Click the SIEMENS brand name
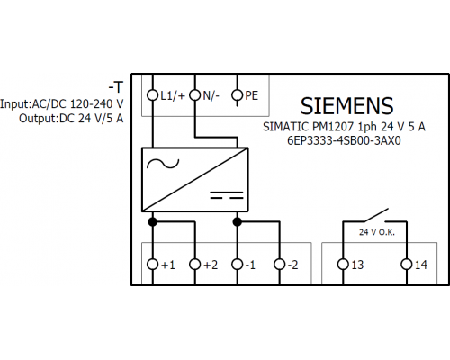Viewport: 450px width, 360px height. click(346, 106)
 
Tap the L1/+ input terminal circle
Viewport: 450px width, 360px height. click(153, 95)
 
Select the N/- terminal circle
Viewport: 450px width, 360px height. click(195, 95)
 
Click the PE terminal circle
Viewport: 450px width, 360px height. click(238, 95)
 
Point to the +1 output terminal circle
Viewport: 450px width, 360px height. click(153, 265)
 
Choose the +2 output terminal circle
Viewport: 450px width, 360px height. click(195, 265)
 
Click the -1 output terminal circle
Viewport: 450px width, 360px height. click(238, 265)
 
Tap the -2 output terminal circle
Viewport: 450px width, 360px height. click(280, 265)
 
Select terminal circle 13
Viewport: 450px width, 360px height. click(343, 265)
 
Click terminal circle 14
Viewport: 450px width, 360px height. click(407, 265)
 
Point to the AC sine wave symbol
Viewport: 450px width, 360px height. click(163, 164)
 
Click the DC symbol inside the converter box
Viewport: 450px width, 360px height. click(227, 195)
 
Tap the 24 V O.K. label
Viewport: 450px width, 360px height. click(377, 232)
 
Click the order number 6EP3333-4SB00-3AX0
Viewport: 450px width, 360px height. click(344, 140)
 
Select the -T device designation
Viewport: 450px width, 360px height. click(116, 87)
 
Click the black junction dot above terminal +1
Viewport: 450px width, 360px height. click(153, 222)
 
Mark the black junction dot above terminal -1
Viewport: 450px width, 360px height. click(238, 222)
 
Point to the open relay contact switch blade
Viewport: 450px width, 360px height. click(376, 215)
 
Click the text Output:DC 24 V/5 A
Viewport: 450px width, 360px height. click(71, 119)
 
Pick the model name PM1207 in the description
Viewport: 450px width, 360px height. click(333, 127)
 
